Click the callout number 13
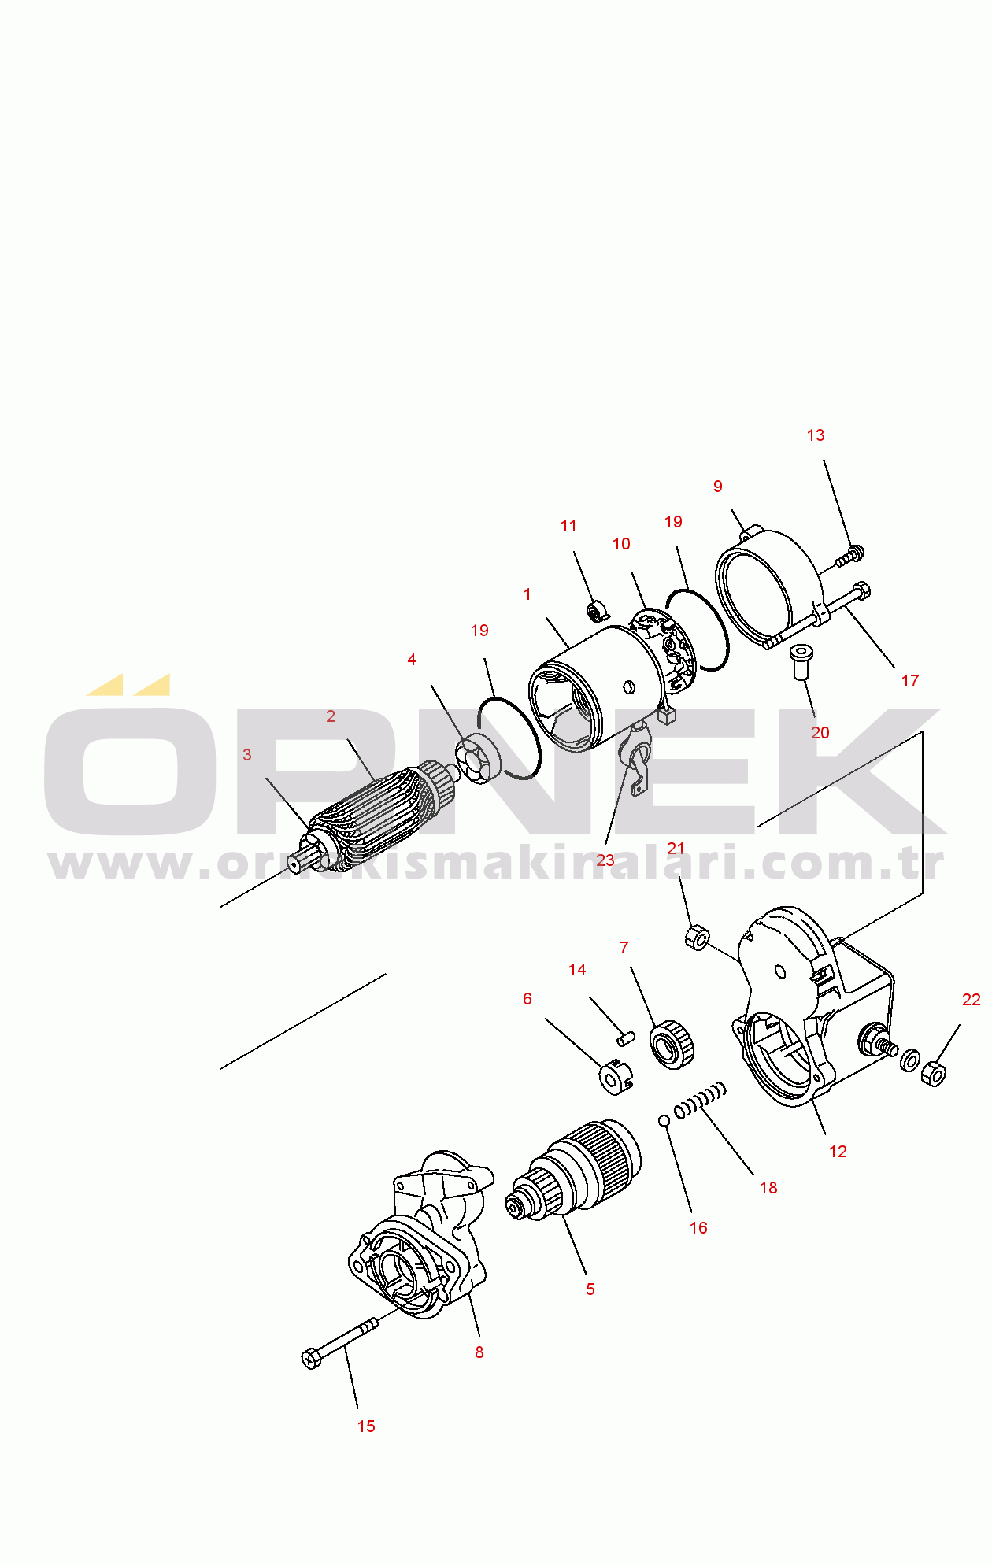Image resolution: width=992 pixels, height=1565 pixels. pos(816,435)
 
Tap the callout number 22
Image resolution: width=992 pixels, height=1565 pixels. pos(972,1000)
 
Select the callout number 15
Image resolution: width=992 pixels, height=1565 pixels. pos(366,1426)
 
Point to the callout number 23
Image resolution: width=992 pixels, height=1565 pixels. pos(605,860)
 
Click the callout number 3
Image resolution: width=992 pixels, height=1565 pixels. pos(247,755)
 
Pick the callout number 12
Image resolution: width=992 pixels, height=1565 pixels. pos(838,1152)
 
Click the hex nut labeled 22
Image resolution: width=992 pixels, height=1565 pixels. pos(933,1073)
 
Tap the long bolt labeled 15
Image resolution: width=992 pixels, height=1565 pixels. pos(339,1344)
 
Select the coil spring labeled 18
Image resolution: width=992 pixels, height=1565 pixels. pos(700,1100)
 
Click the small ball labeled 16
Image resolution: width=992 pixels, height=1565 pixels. pos(664,1120)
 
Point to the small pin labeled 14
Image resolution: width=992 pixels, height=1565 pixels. pos(625,1038)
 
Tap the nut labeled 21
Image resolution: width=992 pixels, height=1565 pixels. pos(697,938)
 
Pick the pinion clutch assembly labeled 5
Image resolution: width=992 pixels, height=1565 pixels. pos(573,1171)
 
